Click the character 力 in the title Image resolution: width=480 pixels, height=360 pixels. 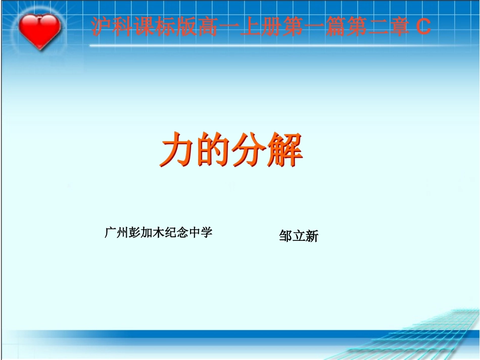point(177,150)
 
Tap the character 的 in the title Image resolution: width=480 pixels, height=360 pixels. point(213,150)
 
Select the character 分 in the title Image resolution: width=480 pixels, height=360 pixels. point(249,150)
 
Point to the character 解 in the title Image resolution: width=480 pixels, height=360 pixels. point(284,150)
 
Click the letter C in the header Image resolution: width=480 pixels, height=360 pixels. point(423,27)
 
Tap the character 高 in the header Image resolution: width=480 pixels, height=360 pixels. point(208,27)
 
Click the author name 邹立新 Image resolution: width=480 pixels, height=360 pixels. point(299,236)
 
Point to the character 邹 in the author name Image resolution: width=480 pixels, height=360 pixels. point(285,236)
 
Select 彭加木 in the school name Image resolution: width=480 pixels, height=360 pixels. point(147,232)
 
